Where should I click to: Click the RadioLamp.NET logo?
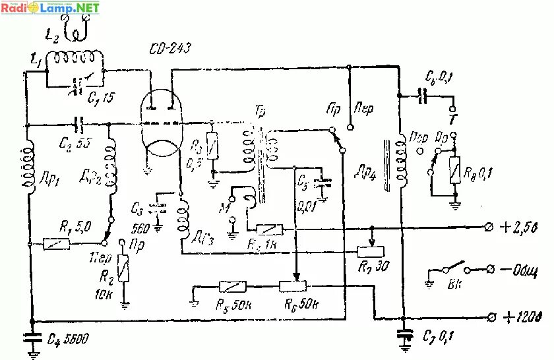(x=51, y=8)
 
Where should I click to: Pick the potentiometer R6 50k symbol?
(x=294, y=286)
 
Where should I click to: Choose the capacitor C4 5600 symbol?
(x=30, y=337)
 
